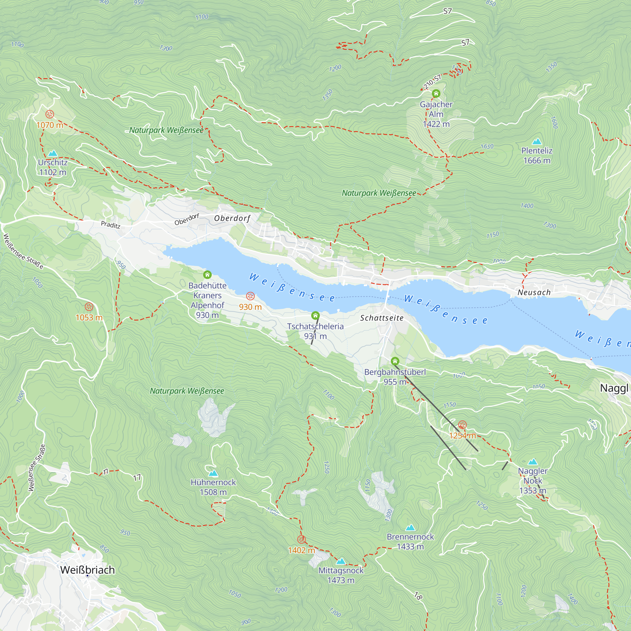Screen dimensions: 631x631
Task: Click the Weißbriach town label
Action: (x=87, y=570)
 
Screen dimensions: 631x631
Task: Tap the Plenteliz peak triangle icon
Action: (x=537, y=141)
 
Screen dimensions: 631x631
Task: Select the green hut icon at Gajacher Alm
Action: (x=436, y=94)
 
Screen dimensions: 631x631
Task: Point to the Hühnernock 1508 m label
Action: (x=213, y=487)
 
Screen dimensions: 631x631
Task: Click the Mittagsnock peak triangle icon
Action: (x=341, y=561)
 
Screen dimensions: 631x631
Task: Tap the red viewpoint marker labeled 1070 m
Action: (x=50, y=114)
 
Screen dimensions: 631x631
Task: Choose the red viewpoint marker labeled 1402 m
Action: (x=301, y=539)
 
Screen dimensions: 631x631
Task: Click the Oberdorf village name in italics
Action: (x=232, y=218)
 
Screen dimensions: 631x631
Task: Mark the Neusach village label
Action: (x=534, y=292)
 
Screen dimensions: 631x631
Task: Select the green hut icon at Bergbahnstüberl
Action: (x=395, y=361)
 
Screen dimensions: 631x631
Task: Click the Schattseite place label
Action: (x=382, y=318)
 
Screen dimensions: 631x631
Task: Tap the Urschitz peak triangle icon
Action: (x=53, y=153)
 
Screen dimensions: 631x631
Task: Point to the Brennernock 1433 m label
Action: (x=410, y=541)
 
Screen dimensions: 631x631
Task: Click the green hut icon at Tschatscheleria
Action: (x=315, y=315)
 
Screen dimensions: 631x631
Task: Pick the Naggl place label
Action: (x=614, y=388)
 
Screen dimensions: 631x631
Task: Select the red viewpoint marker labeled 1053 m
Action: (x=89, y=307)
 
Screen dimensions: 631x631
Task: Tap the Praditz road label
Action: (x=110, y=225)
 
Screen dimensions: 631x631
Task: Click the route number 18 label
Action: (x=418, y=596)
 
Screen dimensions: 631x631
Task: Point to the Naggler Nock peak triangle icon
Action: (x=533, y=462)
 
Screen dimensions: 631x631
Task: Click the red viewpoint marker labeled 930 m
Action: (x=250, y=296)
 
